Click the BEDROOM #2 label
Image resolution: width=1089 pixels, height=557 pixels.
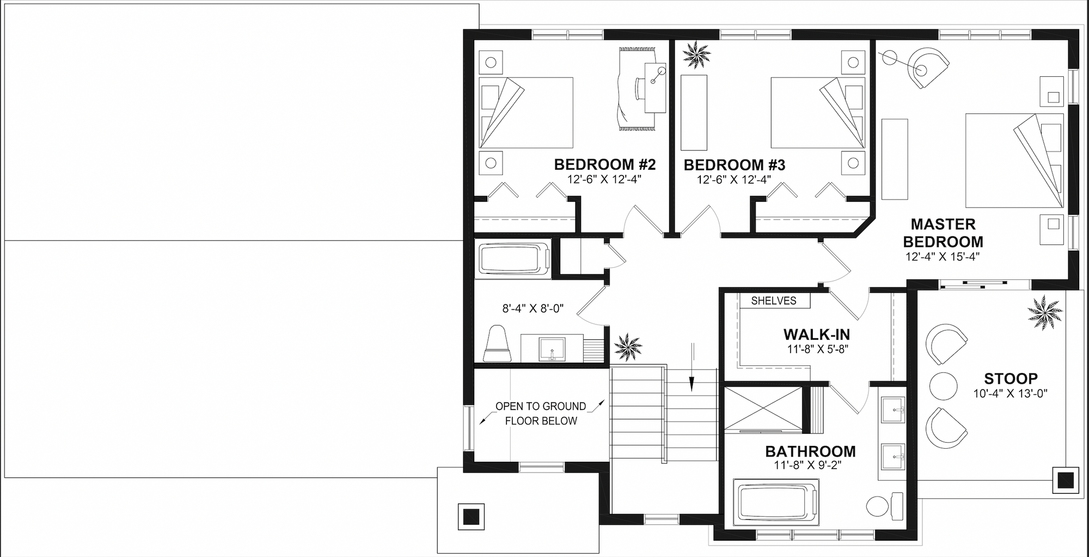tap(605, 164)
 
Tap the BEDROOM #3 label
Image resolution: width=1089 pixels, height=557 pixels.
tap(735, 165)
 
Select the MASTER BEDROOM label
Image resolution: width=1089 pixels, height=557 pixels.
tap(943, 233)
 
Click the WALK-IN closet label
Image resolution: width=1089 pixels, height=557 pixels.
tap(817, 334)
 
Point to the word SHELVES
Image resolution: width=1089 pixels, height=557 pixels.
tap(774, 301)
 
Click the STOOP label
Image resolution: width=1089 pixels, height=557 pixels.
tap(1011, 378)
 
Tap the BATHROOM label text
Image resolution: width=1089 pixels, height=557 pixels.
tap(810, 451)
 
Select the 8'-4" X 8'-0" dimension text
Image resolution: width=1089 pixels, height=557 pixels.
tap(533, 309)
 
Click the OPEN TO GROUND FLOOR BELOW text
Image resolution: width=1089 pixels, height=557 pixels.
tap(541, 413)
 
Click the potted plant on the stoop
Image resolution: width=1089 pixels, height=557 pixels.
tap(1045, 313)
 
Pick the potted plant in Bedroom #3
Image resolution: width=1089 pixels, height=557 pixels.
tap(696, 55)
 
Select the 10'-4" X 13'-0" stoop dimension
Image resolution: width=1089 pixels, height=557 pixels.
tap(1011, 394)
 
